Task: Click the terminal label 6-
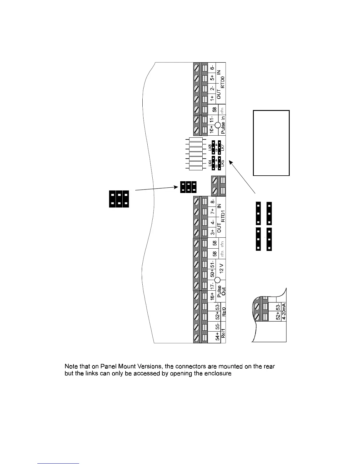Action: pos(212,68)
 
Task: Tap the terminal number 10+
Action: pos(212,129)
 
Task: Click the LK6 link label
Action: pos(210,148)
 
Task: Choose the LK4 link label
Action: pos(210,164)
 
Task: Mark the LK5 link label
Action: pos(223,164)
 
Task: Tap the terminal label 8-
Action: pos(212,202)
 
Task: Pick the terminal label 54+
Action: pos(217,336)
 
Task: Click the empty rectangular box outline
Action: pos(271,143)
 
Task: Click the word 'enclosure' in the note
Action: pos(218,374)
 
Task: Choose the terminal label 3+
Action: pos(212,232)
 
